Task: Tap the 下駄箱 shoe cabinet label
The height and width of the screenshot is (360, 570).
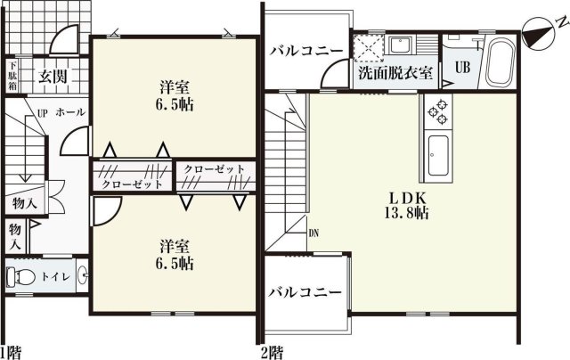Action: tap(13, 75)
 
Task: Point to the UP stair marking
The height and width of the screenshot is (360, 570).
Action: tap(41, 113)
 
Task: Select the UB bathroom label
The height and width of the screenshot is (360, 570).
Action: tap(463, 67)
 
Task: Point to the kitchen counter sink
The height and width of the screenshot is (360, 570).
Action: tap(438, 156)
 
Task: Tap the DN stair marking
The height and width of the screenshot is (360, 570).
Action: tap(313, 233)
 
